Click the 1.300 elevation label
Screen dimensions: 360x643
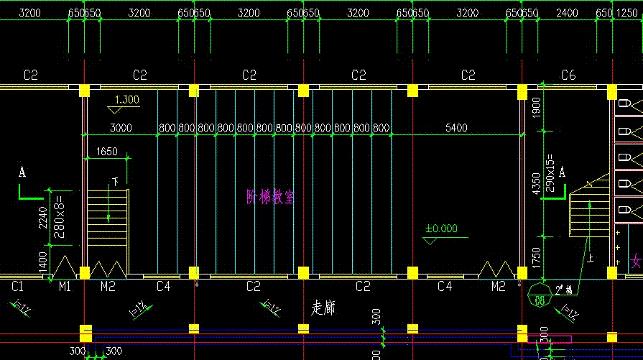coord(127,100)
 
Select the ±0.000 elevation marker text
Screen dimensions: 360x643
coord(441,229)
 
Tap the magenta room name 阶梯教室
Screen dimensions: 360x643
coord(270,197)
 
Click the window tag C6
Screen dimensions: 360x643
coord(568,75)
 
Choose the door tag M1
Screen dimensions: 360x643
coord(65,287)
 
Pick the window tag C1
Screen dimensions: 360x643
coord(19,287)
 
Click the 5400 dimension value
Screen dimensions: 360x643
coord(457,128)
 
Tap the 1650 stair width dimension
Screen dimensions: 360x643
coord(106,152)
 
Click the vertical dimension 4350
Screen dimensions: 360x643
coord(535,183)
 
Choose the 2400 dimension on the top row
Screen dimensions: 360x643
coord(568,13)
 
